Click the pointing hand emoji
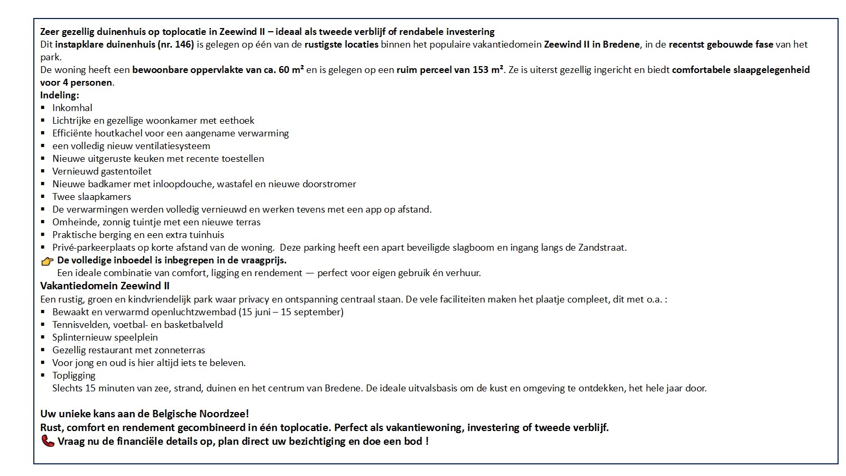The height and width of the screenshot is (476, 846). [47, 261]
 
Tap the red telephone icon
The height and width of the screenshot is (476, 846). [48, 441]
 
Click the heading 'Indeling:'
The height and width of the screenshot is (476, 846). [60, 95]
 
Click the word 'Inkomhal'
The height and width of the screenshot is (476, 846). [72, 108]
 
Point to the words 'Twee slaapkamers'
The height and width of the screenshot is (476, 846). [91, 197]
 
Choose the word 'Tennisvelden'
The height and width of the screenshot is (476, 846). [78, 325]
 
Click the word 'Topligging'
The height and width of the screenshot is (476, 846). [73, 376]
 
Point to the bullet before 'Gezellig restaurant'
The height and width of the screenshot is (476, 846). [43, 350]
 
